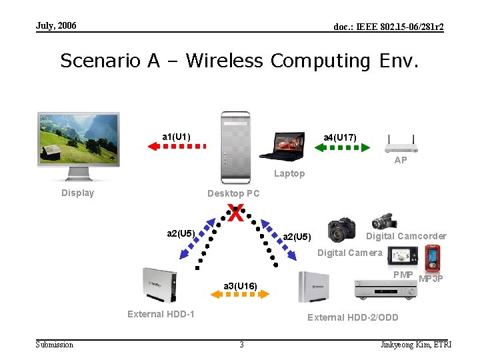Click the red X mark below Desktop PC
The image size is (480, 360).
[x=235, y=213]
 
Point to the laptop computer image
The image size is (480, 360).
[x=281, y=147]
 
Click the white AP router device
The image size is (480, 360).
[x=401, y=143]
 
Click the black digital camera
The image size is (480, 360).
[x=341, y=230]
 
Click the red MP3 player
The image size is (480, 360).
[x=433, y=255]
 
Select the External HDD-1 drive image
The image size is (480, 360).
[x=159, y=285]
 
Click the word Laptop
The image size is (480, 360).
[x=289, y=174]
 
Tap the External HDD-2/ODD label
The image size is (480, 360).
[x=353, y=317]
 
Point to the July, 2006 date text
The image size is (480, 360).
[x=56, y=25]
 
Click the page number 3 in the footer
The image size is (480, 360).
[x=241, y=344]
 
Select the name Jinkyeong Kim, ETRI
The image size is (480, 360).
[x=415, y=344]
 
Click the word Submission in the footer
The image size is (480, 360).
[x=55, y=344]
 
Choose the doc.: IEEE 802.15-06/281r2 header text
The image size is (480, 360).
[x=388, y=27]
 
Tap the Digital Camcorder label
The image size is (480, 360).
[x=407, y=236]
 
